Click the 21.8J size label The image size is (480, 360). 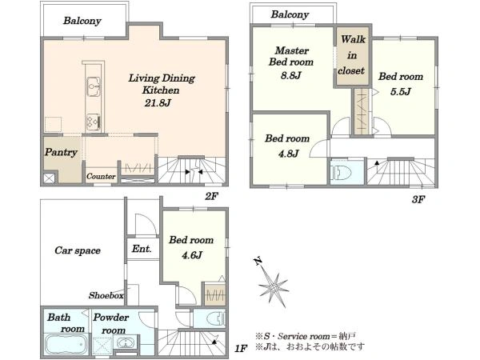158,103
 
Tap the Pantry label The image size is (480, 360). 61,152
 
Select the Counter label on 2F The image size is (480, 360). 101,176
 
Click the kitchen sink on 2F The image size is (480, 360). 93,86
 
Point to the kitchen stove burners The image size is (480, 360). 93,122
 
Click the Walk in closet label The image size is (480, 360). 352,55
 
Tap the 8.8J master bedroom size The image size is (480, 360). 291,75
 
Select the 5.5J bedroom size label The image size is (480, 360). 400,91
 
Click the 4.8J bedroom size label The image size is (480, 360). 288,154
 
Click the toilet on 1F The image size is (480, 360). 215,319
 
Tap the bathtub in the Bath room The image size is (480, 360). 66,344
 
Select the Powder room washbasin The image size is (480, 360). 126,342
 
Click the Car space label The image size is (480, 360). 78,250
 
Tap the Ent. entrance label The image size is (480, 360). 142,249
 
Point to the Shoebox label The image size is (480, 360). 106,295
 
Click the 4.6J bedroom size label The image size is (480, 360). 192,254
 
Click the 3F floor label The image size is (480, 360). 418,199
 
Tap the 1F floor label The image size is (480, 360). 241,348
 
